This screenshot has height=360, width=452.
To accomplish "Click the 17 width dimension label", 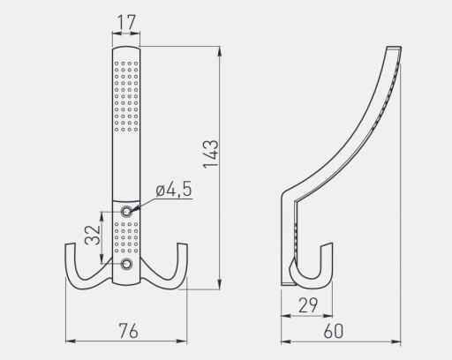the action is [x=126, y=22].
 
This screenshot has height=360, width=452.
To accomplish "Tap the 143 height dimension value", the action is [x=211, y=154].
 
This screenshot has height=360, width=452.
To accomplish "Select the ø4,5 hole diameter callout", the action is [x=174, y=189].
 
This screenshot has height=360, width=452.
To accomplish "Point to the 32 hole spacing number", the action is [x=93, y=236].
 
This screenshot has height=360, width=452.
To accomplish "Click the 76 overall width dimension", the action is [x=129, y=330].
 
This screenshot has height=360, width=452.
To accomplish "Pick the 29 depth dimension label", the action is [x=308, y=305].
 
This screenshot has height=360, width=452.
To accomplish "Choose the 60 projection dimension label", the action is [x=334, y=331].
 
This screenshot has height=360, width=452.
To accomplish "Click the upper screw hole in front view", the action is [x=127, y=211].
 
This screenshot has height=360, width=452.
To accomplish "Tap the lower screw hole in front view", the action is [x=127, y=264].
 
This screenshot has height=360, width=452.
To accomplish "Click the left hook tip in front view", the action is [x=70, y=244].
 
